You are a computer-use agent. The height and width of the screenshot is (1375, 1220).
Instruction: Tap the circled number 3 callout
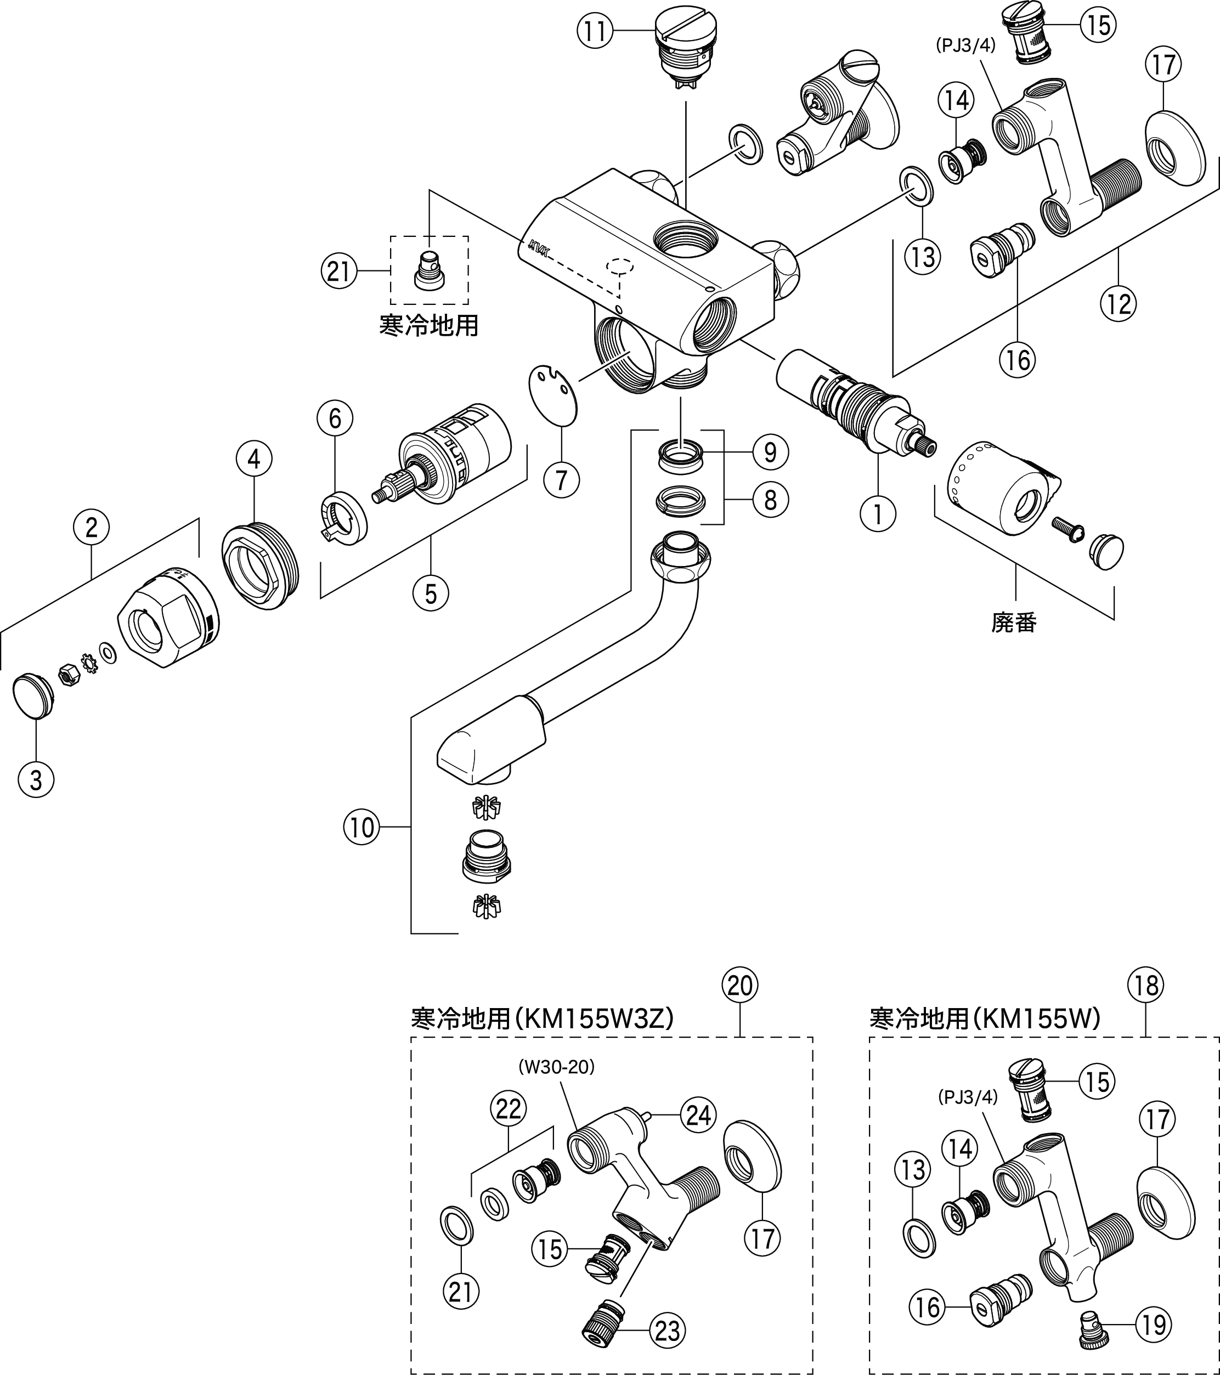pyautogui.click(x=36, y=780)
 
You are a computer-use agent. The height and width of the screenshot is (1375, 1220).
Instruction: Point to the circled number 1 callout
pyautogui.click(x=878, y=514)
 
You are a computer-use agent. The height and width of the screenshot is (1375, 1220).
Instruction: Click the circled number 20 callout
pyautogui.click(x=739, y=986)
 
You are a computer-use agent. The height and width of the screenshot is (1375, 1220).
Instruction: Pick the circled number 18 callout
pyautogui.click(x=1146, y=986)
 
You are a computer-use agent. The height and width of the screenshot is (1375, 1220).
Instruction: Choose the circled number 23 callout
pyautogui.click(x=668, y=1330)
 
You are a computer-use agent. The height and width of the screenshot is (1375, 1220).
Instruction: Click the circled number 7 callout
pyautogui.click(x=561, y=480)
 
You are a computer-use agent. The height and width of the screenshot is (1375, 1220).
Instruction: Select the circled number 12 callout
pyautogui.click(x=1119, y=304)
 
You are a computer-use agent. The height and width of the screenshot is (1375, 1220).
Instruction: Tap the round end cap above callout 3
pyautogui.click(x=33, y=694)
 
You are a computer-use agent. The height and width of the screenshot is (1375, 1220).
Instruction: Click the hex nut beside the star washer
pyautogui.click(x=68, y=674)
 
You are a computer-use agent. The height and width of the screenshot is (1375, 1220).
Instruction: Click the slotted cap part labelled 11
pyautogui.click(x=685, y=50)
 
